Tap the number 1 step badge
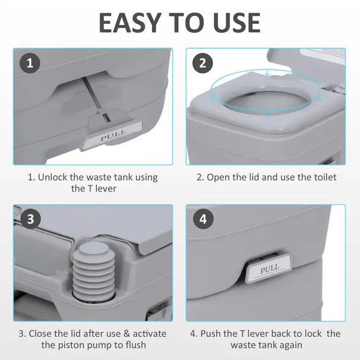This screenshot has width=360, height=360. coord(30,62)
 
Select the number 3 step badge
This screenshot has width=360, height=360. coord(30,218)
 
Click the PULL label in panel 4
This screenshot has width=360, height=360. coord(269,268)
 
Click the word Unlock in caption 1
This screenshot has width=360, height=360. coord(56,178)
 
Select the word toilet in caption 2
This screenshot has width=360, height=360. coord(322,178)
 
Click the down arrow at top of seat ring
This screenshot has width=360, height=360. coord(267,76)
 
